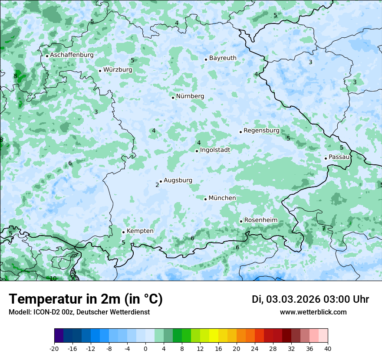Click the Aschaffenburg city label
pyautogui.click(x=72, y=55)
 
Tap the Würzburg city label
pyautogui.click(x=118, y=70)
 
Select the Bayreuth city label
pyautogui.click(x=223, y=58)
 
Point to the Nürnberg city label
pyautogui.click(x=190, y=96)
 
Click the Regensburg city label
pyautogui.click(x=261, y=131)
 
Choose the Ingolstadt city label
pyautogui.click(x=215, y=150)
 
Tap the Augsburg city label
pyautogui.click(x=178, y=180)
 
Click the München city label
pyautogui.click(x=222, y=198)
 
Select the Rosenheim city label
pyautogui.click(x=260, y=220)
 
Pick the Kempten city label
pyautogui.click(x=140, y=231)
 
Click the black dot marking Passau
pyautogui.click(x=326, y=158)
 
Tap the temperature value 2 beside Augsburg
pyautogui.click(x=157, y=185)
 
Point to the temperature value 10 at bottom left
pyautogui.click(x=53, y=278)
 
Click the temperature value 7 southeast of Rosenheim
pyautogui.click(x=323, y=229)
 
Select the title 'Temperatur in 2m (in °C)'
pyautogui.click(x=86, y=299)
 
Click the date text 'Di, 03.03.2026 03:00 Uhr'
pyautogui.click(x=310, y=299)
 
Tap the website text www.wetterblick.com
pyautogui.click(x=313, y=312)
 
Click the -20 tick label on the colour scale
pyautogui.click(x=54, y=348)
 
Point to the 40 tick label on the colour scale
pyautogui.click(x=327, y=348)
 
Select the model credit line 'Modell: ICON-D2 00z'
pyautogui.click(x=79, y=312)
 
